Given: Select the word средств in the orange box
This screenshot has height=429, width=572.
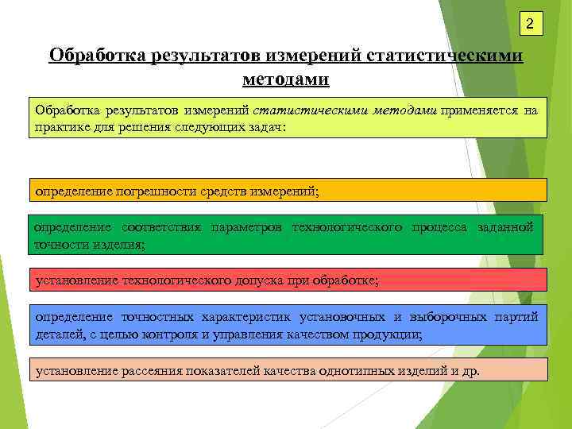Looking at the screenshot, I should click(239, 191).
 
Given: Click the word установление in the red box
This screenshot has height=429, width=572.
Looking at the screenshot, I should click(76, 280).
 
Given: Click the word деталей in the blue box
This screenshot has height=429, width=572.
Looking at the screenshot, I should click(56, 334).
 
